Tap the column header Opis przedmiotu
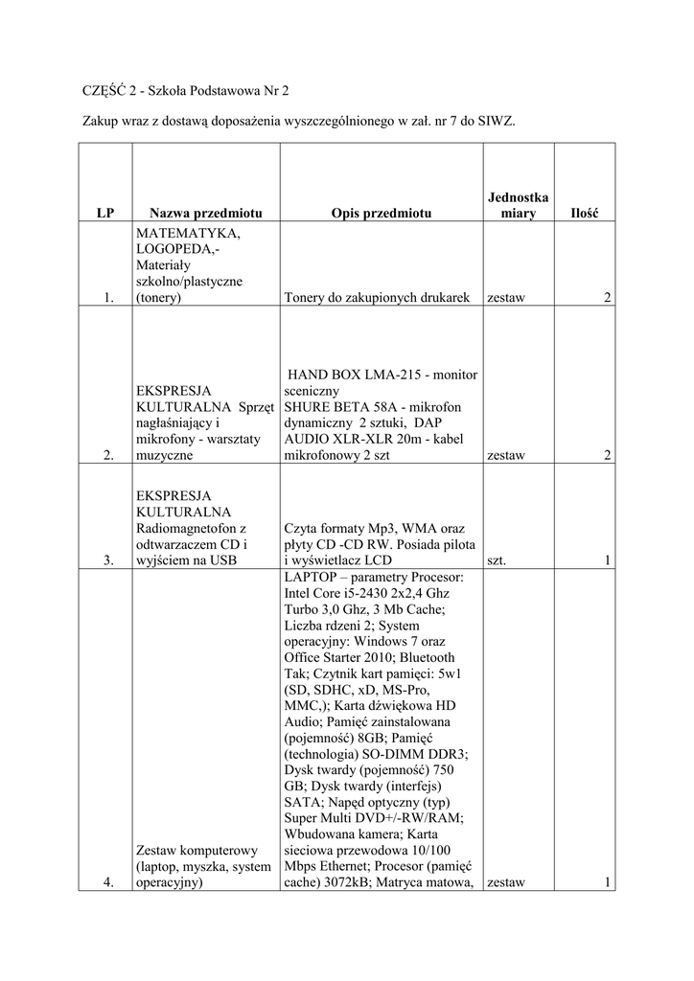tap(377, 213)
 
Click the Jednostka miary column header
tap(518, 205)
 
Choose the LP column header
tap(105, 213)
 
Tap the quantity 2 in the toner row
tap(607, 298)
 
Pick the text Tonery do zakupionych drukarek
tap(377, 298)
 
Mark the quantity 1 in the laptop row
tap(607, 883)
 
